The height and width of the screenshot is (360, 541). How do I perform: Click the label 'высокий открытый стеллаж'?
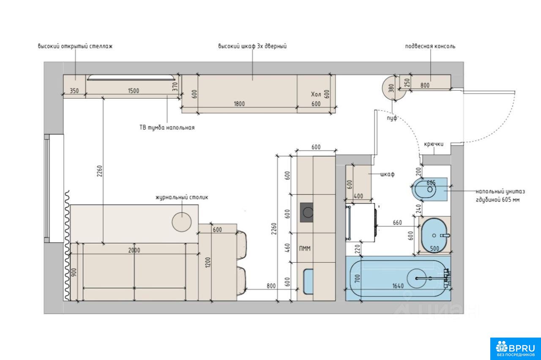point(75,46)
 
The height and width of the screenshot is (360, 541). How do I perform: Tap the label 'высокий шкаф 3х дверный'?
point(252,46)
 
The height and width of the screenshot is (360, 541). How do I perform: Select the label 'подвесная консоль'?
point(430,46)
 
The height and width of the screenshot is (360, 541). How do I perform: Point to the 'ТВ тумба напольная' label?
point(167,127)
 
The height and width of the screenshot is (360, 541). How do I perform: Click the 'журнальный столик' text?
point(182,197)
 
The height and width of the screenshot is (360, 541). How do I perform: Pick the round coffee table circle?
point(182,222)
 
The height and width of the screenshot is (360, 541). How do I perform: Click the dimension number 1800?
point(239,104)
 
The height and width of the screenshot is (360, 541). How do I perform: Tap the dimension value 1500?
point(133,91)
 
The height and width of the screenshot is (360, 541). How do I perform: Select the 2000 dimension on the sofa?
point(134,250)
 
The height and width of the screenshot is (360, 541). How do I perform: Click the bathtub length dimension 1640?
point(398,286)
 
